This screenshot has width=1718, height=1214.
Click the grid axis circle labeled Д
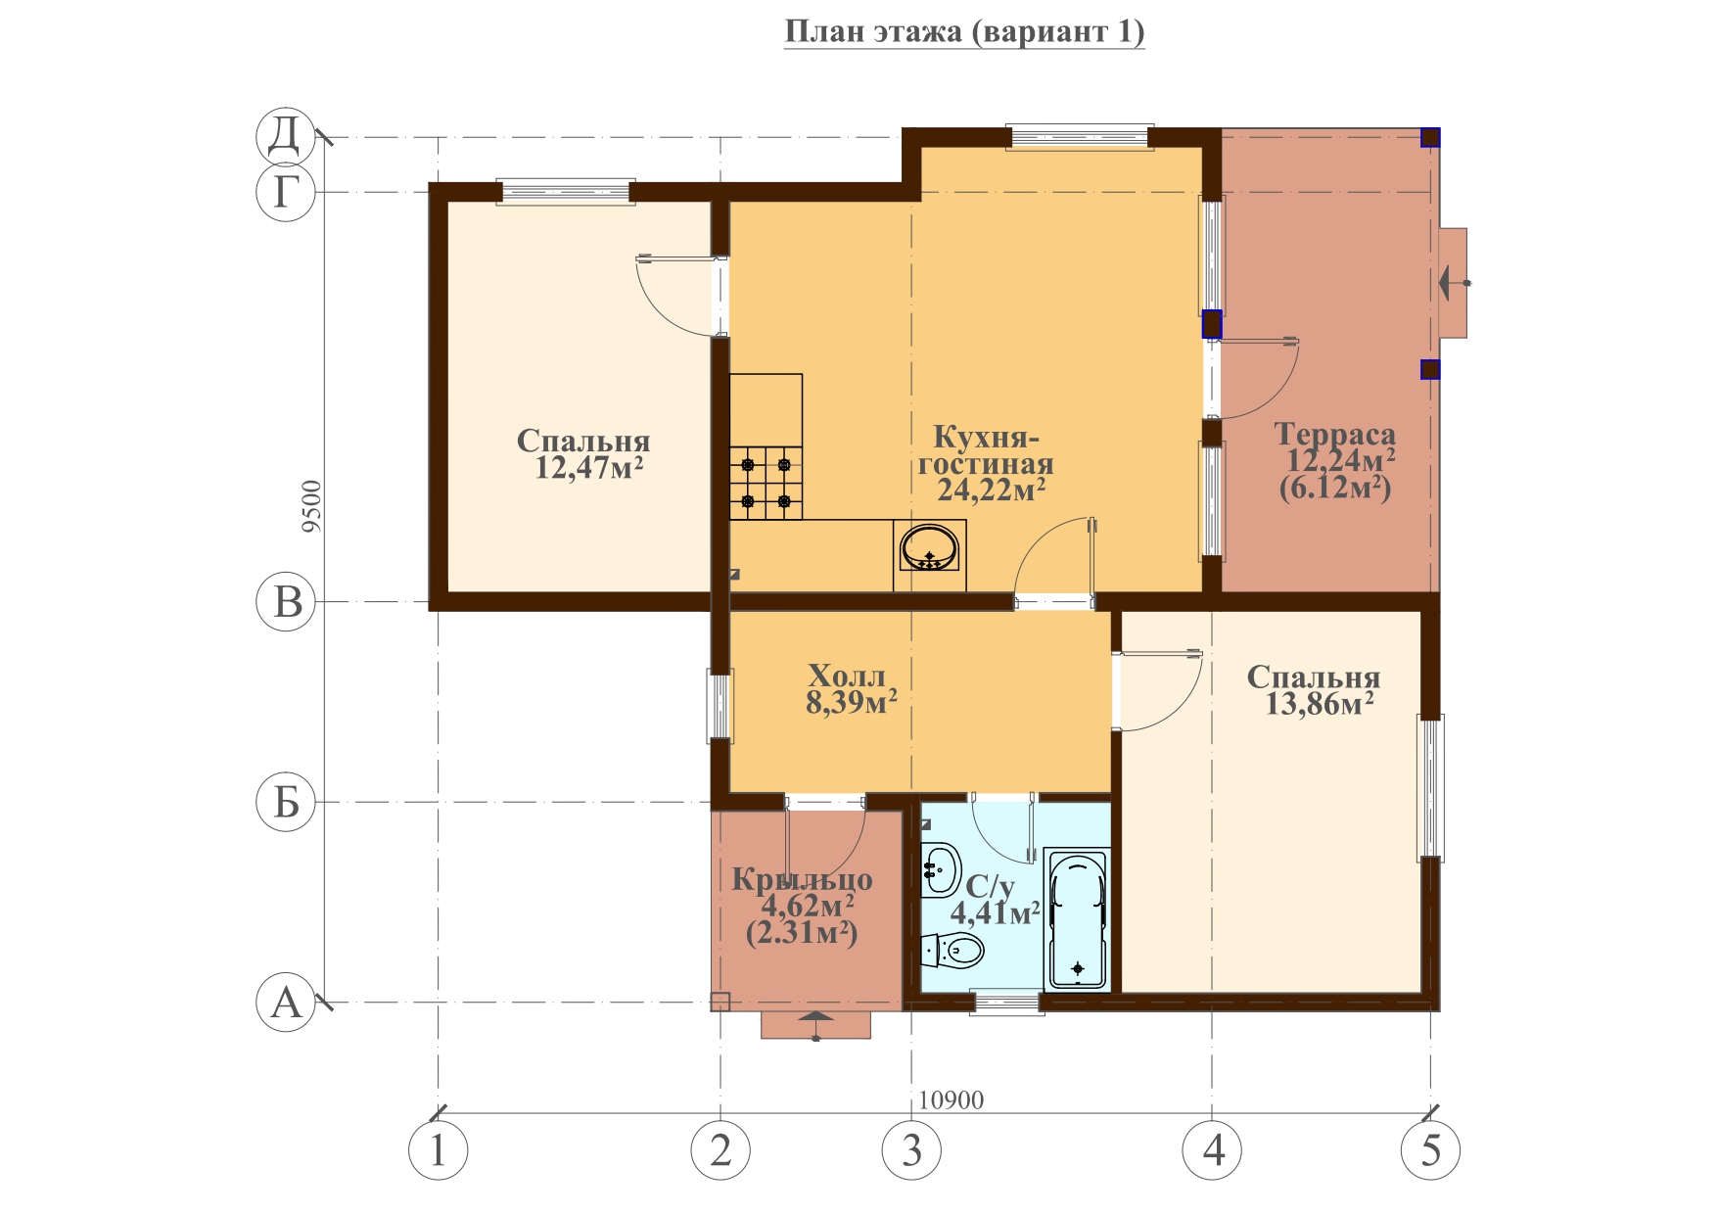286,137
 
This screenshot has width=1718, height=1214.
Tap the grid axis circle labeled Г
286,192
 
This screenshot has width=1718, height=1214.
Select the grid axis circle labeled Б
286,803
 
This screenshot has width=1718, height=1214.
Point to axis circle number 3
912,1150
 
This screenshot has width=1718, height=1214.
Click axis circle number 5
1431,1150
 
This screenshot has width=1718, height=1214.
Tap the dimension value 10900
952,1100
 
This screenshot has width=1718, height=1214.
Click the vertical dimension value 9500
311,506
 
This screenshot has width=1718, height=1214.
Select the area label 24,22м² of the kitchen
991,490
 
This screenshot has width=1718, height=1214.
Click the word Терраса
1335,434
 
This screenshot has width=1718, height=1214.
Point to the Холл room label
847,676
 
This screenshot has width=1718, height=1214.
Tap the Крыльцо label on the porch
802,880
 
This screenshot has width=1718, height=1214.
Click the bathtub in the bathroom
1078,919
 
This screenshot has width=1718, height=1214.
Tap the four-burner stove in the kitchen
766,483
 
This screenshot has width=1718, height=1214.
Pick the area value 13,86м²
1320,703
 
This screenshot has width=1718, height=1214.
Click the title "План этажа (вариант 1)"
964,32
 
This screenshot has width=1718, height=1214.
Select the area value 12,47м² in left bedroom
588,468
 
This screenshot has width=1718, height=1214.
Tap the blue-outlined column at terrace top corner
1430,137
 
